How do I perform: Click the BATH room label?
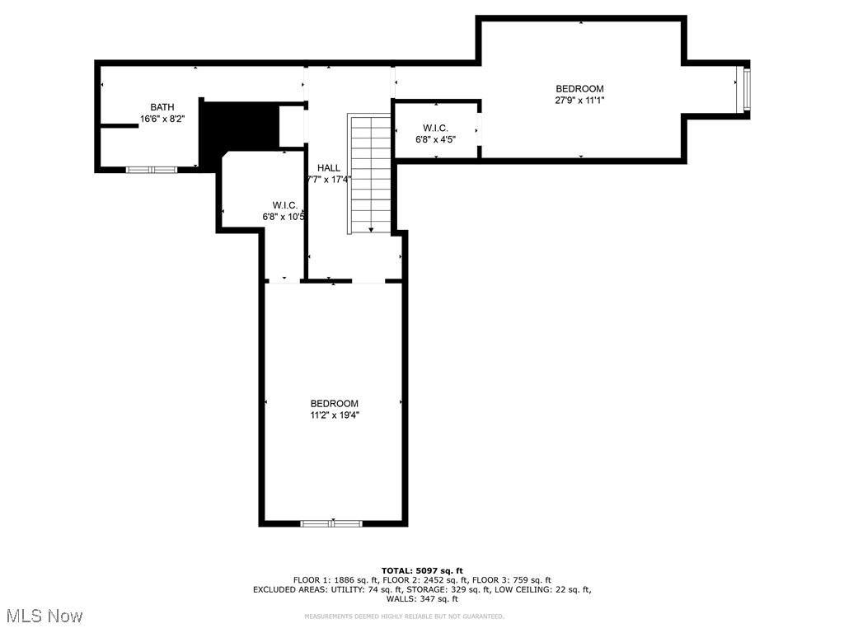tap(162, 107)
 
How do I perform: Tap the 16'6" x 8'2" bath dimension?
tap(162, 119)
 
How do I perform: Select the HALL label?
tap(329, 168)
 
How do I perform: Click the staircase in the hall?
tap(370, 174)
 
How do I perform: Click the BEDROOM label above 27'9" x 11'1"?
tap(579, 89)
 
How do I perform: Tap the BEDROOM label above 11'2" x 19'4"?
tap(334, 404)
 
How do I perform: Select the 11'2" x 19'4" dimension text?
tap(334, 415)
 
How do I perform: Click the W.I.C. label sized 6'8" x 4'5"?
tap(435, 128)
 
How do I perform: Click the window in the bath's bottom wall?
tap(152, 170)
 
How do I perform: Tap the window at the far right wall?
tap(745, 90)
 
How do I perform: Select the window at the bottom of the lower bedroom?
tap(331, 523)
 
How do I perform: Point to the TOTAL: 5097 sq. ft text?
tap(422, 570)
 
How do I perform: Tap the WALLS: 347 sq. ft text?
tap(422, 598)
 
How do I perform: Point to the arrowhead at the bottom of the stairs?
tap(371, 230)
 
